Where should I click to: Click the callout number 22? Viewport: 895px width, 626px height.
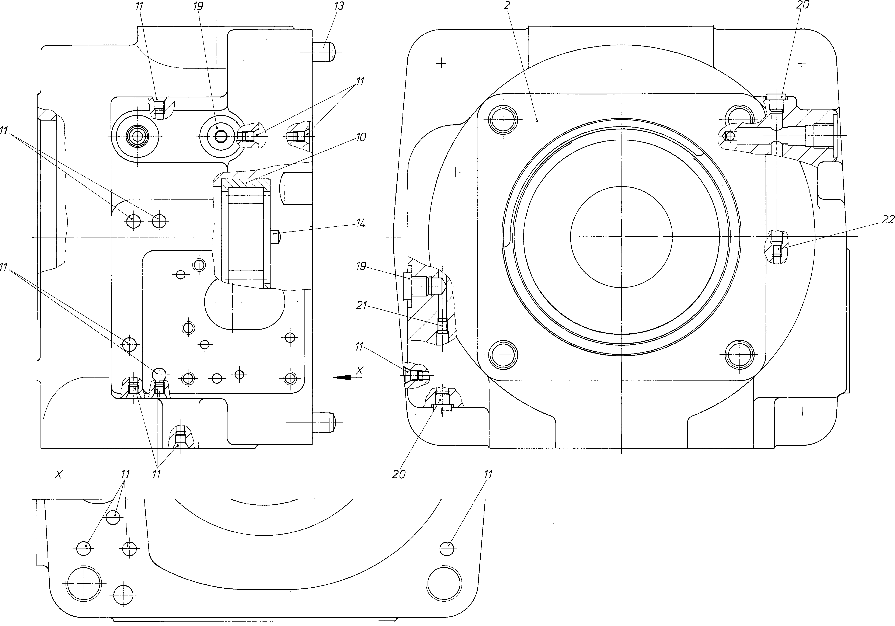click(x=888, y=220)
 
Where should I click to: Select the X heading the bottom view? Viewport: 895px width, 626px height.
click(x=59, y=474)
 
